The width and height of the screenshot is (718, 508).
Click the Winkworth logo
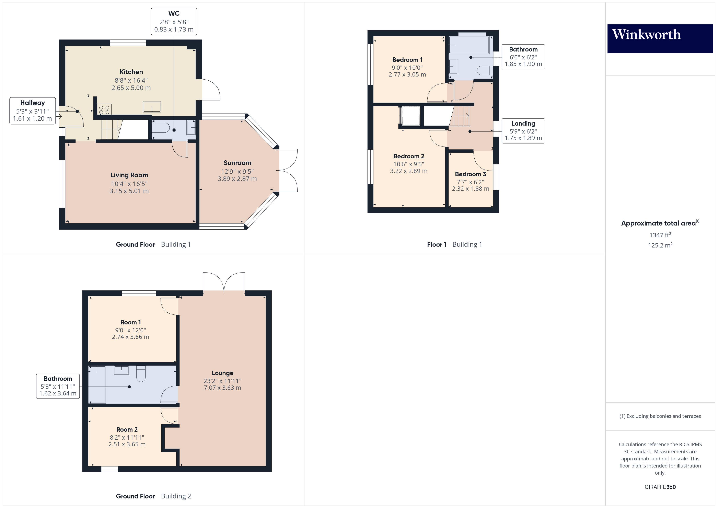pos(660,38)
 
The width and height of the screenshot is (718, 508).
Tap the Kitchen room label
pos(131,72)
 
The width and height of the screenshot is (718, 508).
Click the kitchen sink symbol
pos(152,107)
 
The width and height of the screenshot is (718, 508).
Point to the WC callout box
pos(174,21)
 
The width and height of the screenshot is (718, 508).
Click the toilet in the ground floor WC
pos(161,128)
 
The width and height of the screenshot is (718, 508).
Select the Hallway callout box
pos(33,111)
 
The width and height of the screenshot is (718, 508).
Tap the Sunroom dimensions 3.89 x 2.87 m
pos(237,179)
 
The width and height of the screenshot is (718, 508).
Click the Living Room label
pos(129,175)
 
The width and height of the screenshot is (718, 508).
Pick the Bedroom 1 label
pos(407,60)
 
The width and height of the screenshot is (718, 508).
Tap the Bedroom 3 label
pos(470,174)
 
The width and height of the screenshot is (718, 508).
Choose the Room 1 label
pos(130,322)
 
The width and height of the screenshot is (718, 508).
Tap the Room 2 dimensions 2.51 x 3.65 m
pos(127,444)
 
